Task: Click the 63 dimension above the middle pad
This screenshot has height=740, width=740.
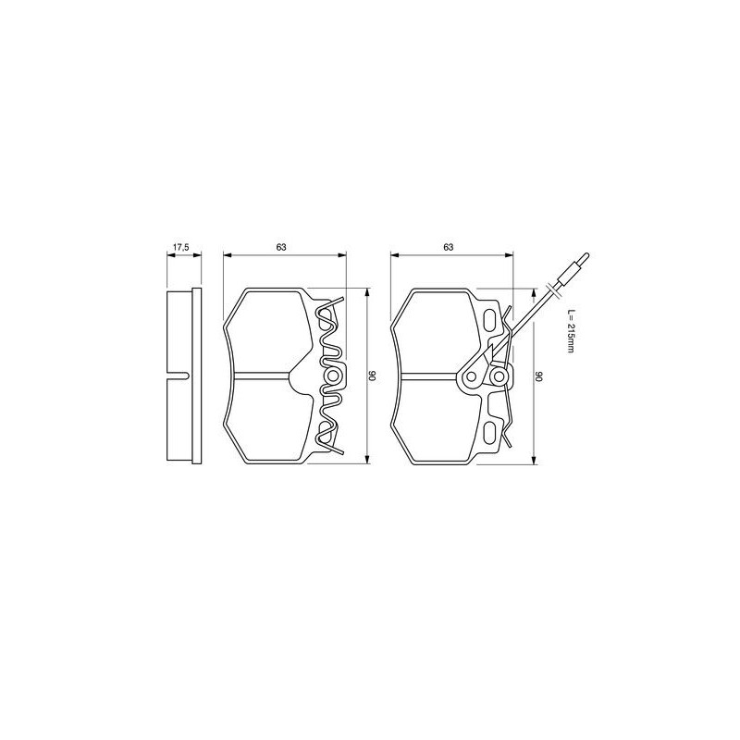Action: (281, 247)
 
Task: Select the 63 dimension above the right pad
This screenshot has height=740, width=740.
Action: (448, 247)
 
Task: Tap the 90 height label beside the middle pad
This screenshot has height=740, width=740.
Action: (373, 376)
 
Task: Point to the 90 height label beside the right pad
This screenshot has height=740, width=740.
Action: (540, 376)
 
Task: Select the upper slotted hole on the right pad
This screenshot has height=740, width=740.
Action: (488, 320)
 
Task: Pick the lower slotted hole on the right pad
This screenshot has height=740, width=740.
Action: (488, 431)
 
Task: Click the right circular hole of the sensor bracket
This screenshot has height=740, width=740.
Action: (499, 376)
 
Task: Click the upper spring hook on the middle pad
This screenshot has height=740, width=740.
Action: (338, 301)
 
